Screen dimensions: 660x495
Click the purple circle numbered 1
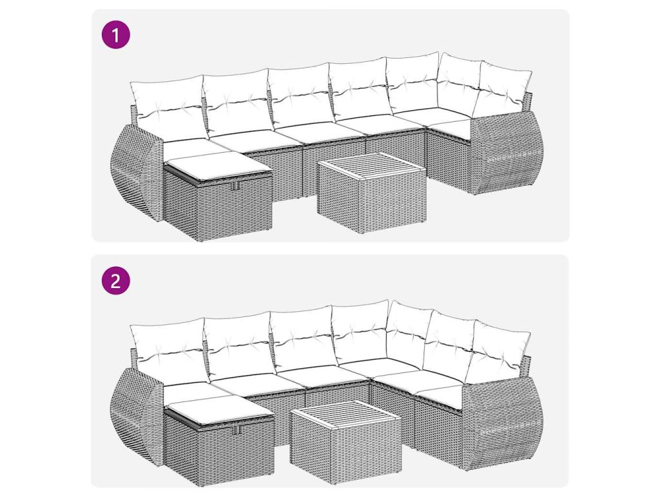(x=116, y=35)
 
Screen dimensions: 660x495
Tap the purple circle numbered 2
(x=116, y=280)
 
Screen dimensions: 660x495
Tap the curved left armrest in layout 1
(x=135, y=172)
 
